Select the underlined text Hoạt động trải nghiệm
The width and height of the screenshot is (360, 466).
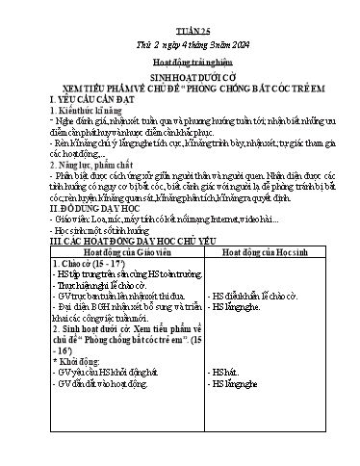coord(180,60)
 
